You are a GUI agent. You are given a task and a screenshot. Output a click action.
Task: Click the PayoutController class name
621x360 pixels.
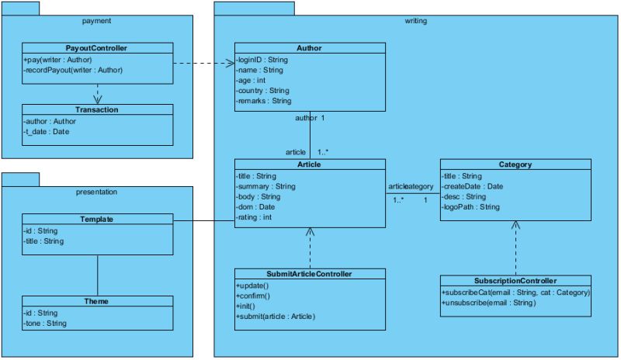tap(96, 48)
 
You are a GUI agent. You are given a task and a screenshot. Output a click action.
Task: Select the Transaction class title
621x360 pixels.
tap(96, 109)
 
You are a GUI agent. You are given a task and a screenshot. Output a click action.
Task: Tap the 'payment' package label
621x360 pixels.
tap(96, 20)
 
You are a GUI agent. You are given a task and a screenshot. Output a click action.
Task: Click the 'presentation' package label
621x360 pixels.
tap(96, 191)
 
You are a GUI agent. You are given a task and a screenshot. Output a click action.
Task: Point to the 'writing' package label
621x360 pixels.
tap(415, 20)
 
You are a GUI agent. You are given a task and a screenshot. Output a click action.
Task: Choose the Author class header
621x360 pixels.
tap(309, 48)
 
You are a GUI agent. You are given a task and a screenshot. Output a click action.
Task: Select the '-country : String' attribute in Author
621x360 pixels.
tap(263, 90)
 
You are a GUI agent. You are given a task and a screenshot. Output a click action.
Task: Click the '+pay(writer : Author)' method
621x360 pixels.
tap(57, 59)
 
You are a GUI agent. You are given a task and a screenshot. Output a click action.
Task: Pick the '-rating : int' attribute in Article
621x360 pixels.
tap(255, 217)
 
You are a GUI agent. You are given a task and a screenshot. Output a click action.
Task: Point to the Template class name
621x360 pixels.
tap(96, 219)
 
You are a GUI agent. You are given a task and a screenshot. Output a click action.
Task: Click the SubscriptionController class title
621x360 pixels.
tap(515, 280)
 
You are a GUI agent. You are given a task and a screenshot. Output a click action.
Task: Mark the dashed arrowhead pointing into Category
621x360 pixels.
tap(515, 226)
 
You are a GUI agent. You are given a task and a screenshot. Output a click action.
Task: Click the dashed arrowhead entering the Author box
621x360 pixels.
tap(231, 63)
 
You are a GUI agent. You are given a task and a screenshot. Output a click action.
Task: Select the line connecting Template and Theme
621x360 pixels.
tap(97, 275)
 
